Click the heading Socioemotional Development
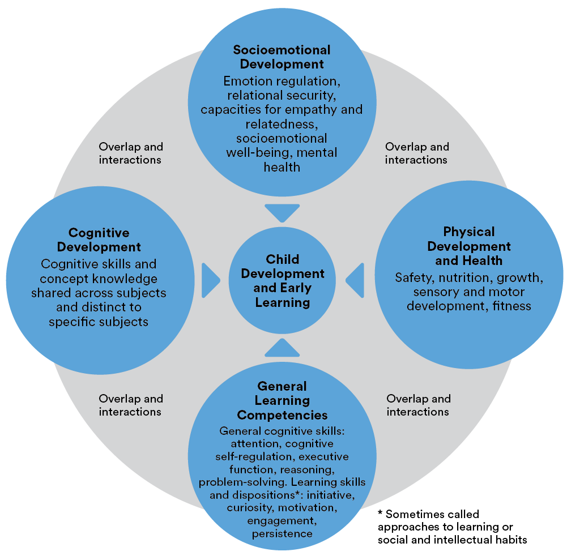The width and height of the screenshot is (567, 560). pos(282,57)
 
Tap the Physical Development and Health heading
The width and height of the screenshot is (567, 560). pos(468,246)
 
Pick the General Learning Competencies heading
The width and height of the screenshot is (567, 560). pos(282,400)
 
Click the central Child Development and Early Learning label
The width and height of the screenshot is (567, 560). pos(283,281)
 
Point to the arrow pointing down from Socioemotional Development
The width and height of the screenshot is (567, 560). pos(282,213)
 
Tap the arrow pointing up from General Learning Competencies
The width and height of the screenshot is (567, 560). pos(282,347)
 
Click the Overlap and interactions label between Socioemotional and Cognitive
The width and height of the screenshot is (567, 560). pos(130,153)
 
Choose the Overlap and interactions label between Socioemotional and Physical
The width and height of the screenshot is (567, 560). pos(417,153)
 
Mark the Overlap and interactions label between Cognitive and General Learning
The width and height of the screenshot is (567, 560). pos(130,405)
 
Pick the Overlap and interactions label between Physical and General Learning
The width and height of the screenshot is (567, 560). pos(418,405)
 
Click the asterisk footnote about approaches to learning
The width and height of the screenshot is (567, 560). pos(453,527)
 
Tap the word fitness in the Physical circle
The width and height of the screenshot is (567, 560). pos(512,306)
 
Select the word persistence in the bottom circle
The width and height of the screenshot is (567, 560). pos(283,533)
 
